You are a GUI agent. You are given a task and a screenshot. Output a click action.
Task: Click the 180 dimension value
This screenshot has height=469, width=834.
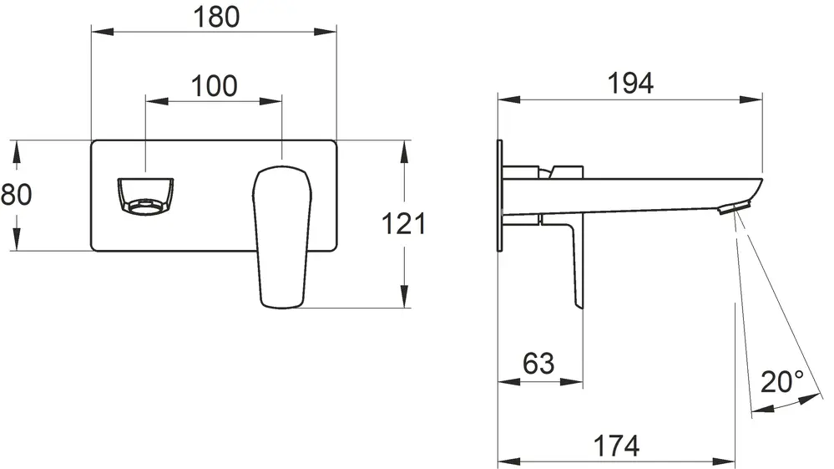(x=216, y=17)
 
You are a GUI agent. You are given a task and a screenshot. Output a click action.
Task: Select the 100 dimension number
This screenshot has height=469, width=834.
(x=214, y=86)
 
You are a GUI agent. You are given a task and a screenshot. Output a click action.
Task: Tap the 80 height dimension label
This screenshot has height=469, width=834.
(x=16, y=194)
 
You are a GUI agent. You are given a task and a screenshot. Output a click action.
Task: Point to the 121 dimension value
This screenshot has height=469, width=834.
(x=404, y=223)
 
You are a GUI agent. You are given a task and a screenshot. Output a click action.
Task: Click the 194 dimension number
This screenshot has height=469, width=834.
(x=630, y=84)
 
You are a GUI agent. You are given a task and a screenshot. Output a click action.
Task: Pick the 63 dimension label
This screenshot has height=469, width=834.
(x=538, y=364)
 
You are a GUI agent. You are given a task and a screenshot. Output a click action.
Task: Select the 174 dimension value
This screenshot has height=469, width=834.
(x=616, y=446)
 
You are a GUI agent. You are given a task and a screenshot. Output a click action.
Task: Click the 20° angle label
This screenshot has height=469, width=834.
(x=782, y=381)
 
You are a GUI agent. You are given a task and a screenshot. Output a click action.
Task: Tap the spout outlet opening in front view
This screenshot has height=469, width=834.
(x=145, y=196)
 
